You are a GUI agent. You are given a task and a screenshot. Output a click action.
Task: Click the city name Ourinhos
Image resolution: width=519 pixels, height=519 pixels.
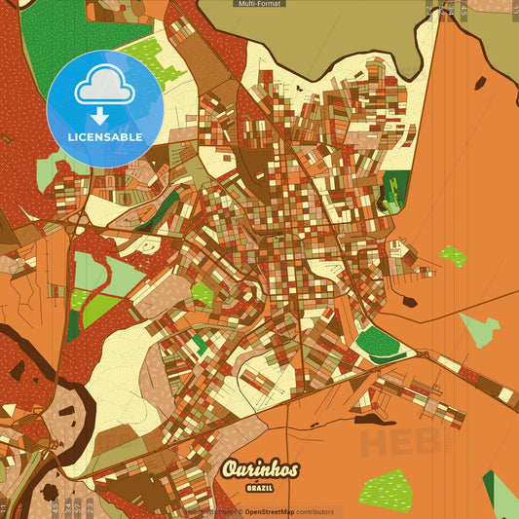(259, 469)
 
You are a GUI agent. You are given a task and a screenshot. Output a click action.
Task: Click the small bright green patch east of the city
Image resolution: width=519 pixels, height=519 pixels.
(452, 256)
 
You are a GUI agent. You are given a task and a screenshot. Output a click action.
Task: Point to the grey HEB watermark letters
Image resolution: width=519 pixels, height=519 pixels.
(399, 440)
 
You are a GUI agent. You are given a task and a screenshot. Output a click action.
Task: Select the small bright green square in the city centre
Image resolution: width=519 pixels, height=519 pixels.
(202, 293)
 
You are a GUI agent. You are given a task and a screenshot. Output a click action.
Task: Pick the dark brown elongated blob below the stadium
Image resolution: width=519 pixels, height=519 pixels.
(375, 420)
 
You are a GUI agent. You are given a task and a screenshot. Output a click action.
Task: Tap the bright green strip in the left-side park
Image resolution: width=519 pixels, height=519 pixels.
(97, 310)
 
